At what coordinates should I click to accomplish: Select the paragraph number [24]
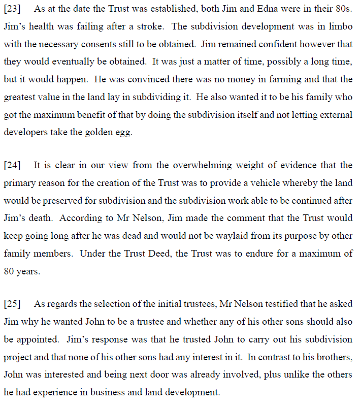click(12, 166)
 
